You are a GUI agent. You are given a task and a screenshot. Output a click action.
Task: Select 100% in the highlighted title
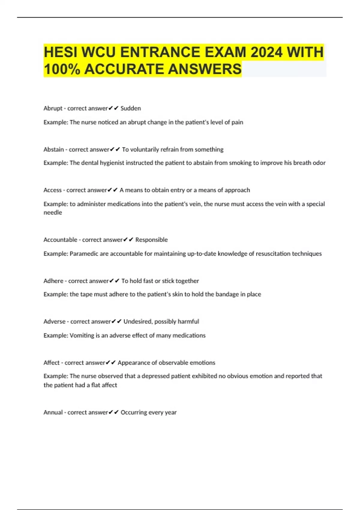62,69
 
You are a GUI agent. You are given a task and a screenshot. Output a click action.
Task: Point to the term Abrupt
53,108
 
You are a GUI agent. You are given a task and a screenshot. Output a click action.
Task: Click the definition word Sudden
130,108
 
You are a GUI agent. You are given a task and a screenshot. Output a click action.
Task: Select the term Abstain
54,149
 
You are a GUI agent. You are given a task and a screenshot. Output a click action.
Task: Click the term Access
52,190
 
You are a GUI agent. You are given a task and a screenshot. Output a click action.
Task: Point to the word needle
53,212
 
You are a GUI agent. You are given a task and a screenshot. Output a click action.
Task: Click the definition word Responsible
151,240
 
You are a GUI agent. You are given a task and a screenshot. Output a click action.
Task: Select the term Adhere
53,281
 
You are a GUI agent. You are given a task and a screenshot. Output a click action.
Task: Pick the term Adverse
55,322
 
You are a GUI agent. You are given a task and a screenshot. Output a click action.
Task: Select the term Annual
53,412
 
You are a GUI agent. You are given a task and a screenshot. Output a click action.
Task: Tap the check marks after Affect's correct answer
111,363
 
